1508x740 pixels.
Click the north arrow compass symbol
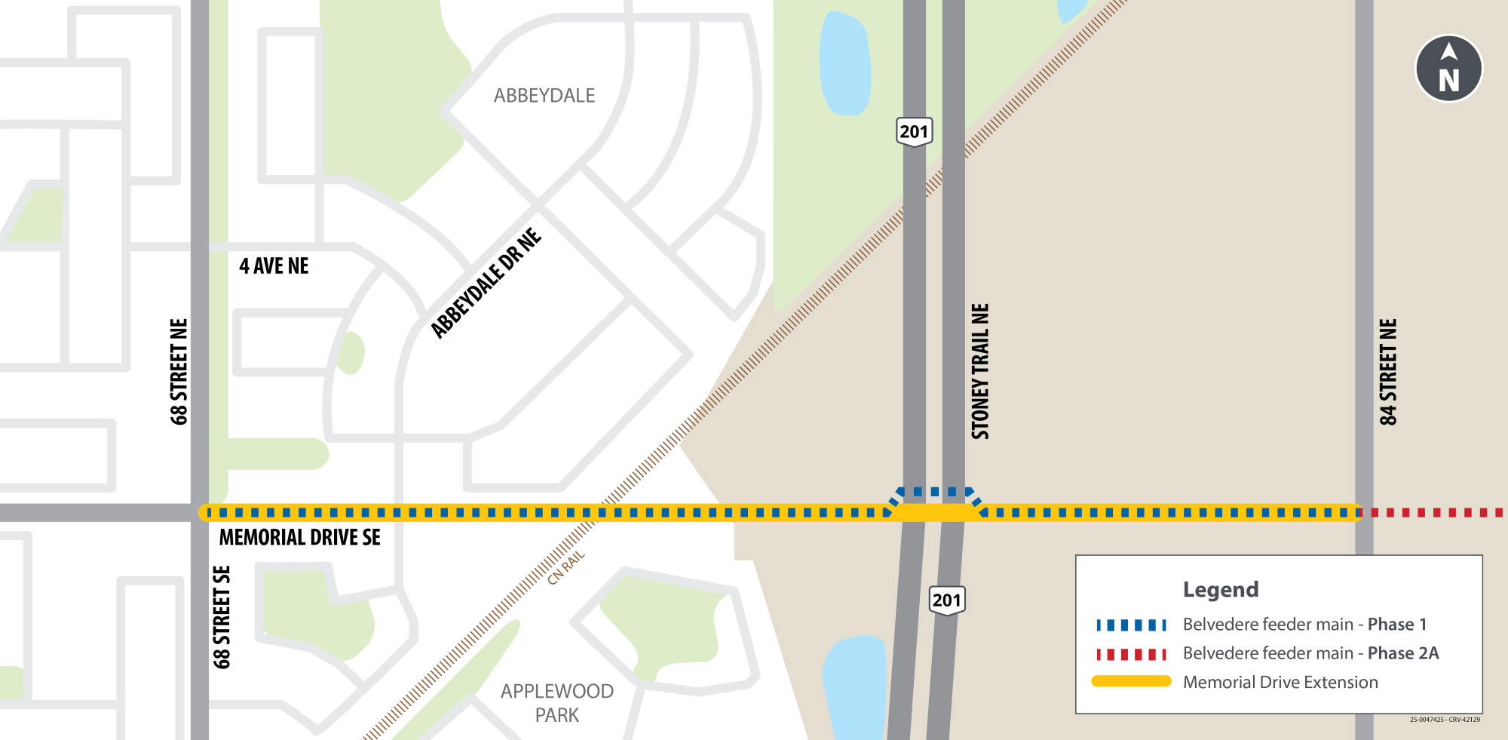pyautogui.click(x=1448, y=68)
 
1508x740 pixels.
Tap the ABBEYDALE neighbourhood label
pyautogui.click(x=544, y=96)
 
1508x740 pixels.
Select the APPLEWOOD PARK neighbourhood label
pyautogui.click(x=557, y=703)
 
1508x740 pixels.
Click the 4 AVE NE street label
pyautogui.click(x=274, y=266)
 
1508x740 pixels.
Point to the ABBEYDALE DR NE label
pyautogui.click(x=486, y=283)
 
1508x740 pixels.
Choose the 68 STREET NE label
pyautogui.click(x=179, y=372)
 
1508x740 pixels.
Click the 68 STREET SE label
pyautogui.click(x=222, y=617)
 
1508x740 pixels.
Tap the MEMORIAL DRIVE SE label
pyautogui.click(x=299, y=537)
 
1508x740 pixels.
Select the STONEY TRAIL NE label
pyautogui.click(x=979, y=371)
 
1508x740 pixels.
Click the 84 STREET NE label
pyautogui.click(x=1388, y=372)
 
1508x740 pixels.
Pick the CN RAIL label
pyautogui.click(x=566, y=568)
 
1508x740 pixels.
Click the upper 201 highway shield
pyautogui.click(x=914, y=132)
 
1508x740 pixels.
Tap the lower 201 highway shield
pyautogui.click(x=946, y=600)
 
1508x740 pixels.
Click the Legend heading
pyautogui.click(x=1221, y=589)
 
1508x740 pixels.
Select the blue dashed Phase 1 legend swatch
pyautogui.click(x=1131, y=625)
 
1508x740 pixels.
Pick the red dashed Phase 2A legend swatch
pyautogui.click(x=1131, y=654)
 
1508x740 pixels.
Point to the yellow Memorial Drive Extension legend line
pyautogui.click(x=1131, y=682)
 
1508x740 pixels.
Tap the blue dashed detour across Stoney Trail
pyautogui.click(x=935, y=492)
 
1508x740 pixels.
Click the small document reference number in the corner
pyautogui.click(x=1445, y=720)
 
